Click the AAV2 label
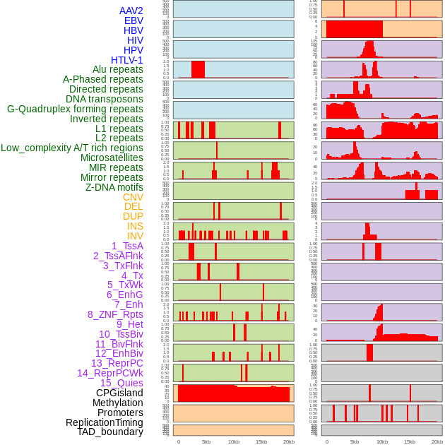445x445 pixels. tap(131, 11)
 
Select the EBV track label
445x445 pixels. tap(133, 20)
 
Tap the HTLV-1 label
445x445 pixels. tap(126, 60)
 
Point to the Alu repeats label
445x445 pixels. tap(117, 69)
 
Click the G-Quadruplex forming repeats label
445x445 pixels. tap(75, 109)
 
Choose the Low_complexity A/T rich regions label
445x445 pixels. tap(72, 148)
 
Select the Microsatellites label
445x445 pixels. tap(112, 158)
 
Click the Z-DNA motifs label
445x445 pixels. tap(114, 187)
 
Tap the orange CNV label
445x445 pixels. tap(133, 197)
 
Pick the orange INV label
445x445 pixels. tap(135, 236)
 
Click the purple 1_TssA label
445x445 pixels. tap(127, 246)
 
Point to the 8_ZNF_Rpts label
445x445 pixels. tap(115, 314)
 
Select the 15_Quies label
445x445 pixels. tap(121, 383)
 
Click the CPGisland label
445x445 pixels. tap(119, 393)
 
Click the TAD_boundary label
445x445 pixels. tap(109, 432)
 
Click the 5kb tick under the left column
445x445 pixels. tap(206, 441)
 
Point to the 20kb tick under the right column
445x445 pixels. tap(437, 441)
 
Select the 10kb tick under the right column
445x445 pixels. tap(382, 441)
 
